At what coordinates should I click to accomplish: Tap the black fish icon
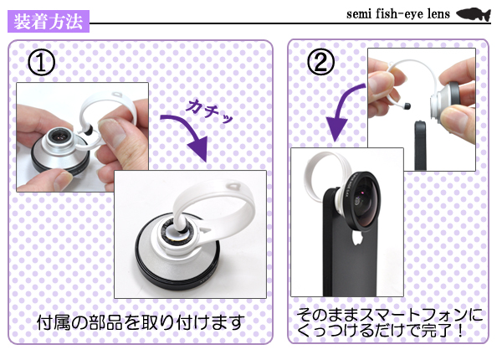472,14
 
